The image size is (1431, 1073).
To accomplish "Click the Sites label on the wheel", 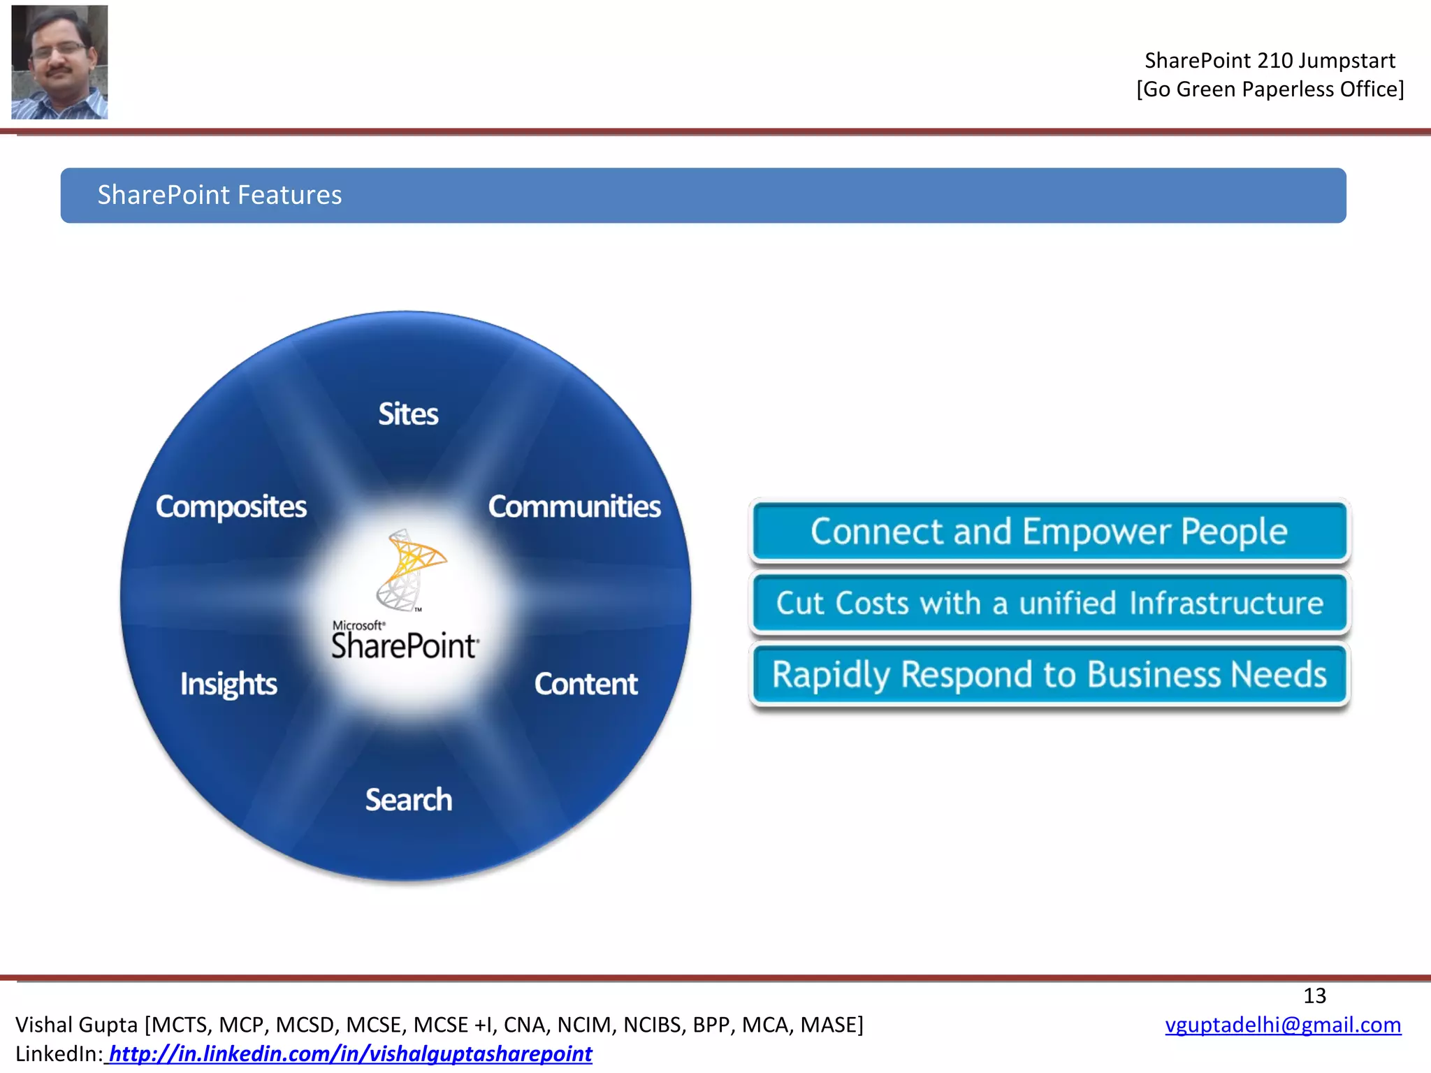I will [408, 414].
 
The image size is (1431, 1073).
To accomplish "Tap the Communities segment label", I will [574, 506].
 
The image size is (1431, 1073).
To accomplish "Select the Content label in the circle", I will [586, 684].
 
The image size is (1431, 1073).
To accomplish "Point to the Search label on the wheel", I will [409, 800].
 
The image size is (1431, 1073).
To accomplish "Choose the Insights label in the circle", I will [228, 685].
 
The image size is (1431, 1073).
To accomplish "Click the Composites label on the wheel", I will [231, 507].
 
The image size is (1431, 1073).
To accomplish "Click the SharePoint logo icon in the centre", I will [409, 569].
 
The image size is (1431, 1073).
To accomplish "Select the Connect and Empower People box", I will [1049, 532].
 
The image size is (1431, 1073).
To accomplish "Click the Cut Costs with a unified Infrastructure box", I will [1049, 604].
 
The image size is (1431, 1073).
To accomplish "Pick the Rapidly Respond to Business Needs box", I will [1049, 675].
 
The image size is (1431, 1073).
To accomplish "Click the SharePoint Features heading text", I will [219, 195].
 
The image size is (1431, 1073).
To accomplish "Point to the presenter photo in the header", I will [59, 62].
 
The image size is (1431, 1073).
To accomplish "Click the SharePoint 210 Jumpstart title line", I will [1270, 61].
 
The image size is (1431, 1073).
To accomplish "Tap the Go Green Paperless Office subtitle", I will [1270, 89].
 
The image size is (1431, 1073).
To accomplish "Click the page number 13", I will [1314, 995].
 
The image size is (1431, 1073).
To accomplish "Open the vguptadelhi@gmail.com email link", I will [1283, 1025].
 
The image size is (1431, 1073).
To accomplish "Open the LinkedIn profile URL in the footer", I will [350, 1053].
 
